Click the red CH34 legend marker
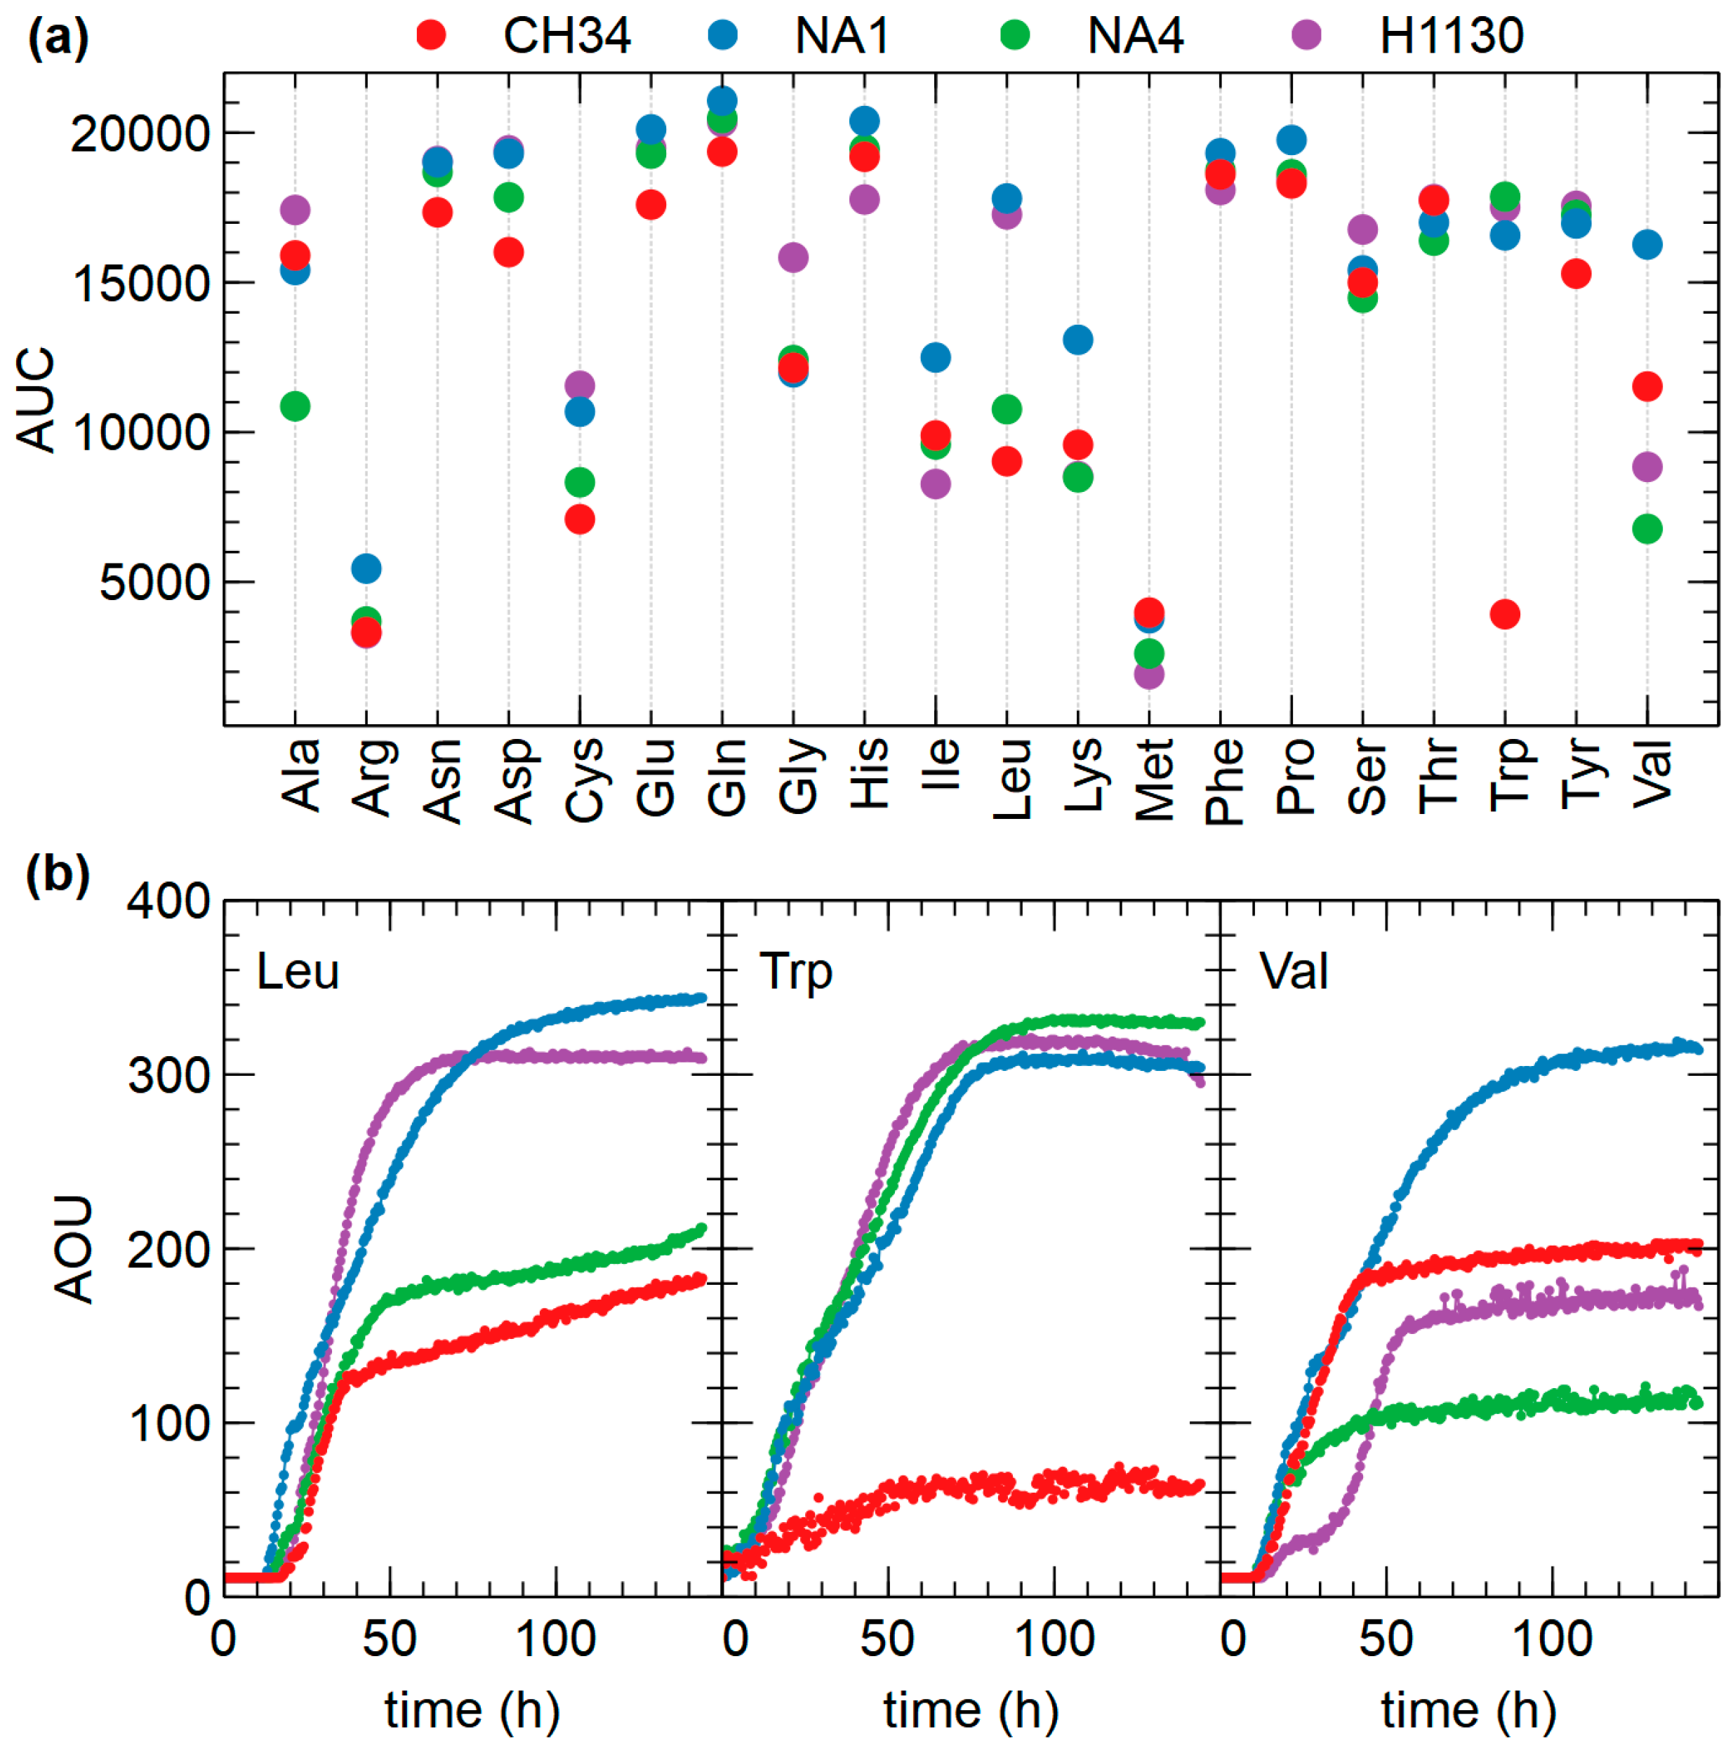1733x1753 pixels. [x=431, y=35]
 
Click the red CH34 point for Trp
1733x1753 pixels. [x=1504, y=614]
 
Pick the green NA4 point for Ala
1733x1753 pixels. [x=295, y=406]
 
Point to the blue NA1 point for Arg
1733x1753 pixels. [x=366, y=569]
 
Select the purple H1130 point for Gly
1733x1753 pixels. [x=793, y=258]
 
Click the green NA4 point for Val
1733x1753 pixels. [x=1647, y=529]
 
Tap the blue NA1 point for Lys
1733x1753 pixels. [x=1077, y=340]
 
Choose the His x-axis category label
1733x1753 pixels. [x=868, y=773]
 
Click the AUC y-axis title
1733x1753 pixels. [x=36, y=399]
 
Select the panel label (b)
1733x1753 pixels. [x=57, y=876]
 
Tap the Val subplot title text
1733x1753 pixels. [x=1293, y=972]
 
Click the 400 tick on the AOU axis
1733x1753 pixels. [x=168, y=902]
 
